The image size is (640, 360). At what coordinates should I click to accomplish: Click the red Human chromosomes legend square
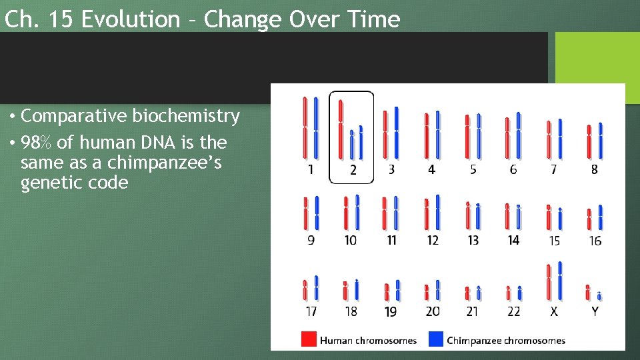(309, 339)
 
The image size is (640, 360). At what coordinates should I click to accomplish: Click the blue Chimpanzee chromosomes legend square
(435, 339)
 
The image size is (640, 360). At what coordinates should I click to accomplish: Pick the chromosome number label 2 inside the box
(353, 170)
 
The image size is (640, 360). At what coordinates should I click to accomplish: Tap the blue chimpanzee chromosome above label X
(560, 281)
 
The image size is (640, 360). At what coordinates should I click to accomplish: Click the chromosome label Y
(595, 311)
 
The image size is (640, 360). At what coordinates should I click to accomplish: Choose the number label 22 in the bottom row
(513, 311)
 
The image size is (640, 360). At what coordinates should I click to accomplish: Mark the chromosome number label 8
(595, 170)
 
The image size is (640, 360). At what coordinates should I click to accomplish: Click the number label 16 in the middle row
(595, 241)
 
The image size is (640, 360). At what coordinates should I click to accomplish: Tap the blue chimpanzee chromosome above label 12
(437, 212)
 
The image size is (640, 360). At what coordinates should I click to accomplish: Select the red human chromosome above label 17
(305, 289)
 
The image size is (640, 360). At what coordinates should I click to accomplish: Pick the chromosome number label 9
(311, 241)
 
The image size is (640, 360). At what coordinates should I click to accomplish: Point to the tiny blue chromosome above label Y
(599, 296)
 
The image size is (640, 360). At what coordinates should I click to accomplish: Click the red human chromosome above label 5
(467, 137)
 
